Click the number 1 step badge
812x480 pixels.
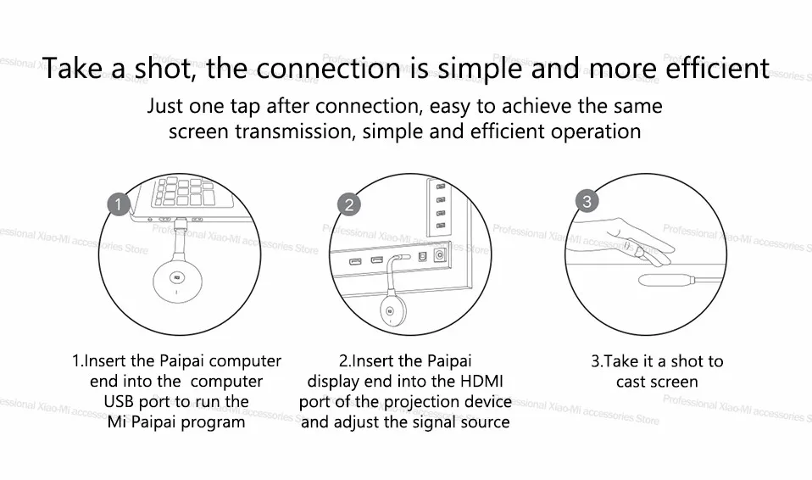click(x=120, y=204)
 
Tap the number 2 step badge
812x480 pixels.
click(x=348, y=204)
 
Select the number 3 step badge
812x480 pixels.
click(x=587, y=201)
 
